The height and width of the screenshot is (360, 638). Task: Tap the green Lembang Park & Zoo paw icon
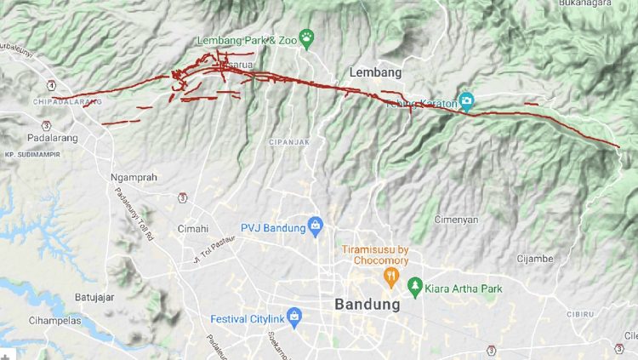[x=306, y=38]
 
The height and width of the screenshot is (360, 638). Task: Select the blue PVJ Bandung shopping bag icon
[x=316, y=226]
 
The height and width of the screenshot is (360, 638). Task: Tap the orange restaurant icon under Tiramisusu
[x=390, y=277]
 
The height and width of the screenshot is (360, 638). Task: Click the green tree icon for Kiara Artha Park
[x=415, y=288]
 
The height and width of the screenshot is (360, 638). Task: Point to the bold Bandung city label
[x=367, y=304]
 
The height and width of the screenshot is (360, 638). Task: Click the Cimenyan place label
[x=457, y=219]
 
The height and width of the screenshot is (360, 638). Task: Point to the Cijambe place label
[x=535, y=258]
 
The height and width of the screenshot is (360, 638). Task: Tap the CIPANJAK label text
[x=288, y=141]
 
